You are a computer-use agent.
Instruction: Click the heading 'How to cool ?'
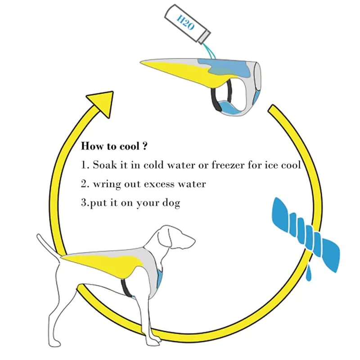click(x=114, y=146)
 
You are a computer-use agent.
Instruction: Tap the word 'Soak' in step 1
click(x=104, y=165)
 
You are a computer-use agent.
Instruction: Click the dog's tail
click(x=47, y=245)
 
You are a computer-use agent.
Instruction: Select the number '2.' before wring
click(x=85, y=184)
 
